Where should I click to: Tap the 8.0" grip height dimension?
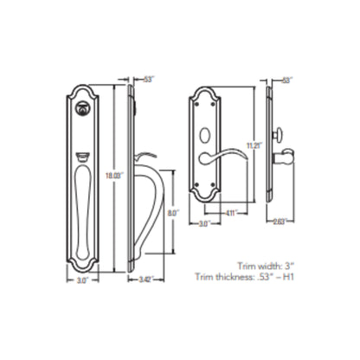pyautogui.click(x=174, y=209)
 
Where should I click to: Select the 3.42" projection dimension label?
pyautogui.click(x=146, y=280)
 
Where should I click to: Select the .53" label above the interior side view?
pyautogui.click(x=286, y=80)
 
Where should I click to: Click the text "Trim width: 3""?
pyautogui.click(x=268, y=267)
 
